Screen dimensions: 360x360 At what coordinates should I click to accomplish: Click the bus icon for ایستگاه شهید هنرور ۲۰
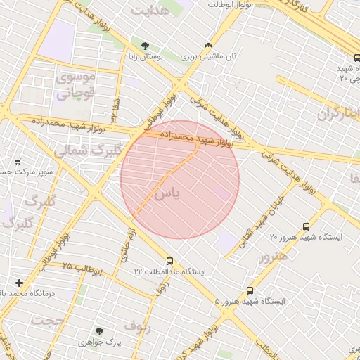point(305,226)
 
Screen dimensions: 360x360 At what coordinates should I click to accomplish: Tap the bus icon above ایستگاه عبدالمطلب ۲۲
point(169,261)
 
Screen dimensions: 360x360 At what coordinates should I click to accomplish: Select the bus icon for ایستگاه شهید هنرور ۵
point(250,290)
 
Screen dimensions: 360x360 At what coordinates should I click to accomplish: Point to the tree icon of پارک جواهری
point(99,330)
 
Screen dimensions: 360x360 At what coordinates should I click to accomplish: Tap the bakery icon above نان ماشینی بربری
point(207,44)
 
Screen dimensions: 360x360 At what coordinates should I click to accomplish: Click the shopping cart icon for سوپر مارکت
point(18,161)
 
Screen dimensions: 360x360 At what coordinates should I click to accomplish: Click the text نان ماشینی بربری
point(208,56)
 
